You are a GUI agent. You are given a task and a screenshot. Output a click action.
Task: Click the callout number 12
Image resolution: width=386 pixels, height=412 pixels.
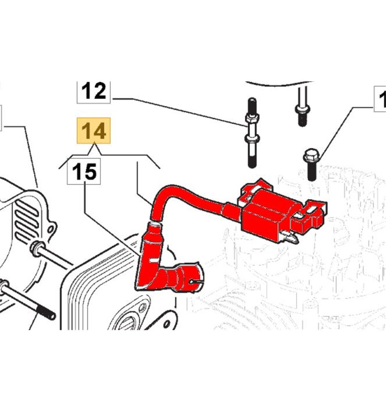93,91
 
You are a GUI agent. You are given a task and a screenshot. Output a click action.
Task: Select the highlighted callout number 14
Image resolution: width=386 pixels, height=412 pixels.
93,130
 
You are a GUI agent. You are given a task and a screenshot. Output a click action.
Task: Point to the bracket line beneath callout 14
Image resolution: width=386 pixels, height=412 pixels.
112,154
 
